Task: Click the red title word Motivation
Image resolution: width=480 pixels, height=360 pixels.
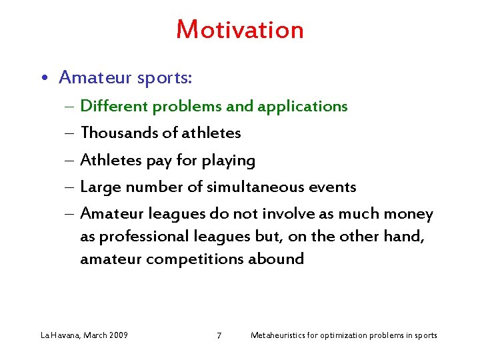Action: (240, 30)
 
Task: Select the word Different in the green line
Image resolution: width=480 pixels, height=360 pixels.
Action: (114, 106)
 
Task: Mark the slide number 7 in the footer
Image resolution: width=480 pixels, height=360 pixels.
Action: (219, 335)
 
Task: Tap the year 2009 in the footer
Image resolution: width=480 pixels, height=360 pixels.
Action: (117, 335)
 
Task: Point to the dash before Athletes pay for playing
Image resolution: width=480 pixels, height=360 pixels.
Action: (70, 161)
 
